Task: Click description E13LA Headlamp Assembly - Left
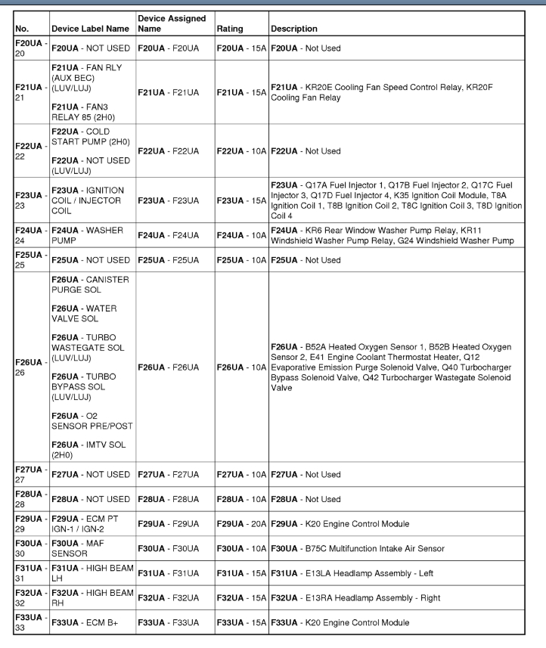click(366, 573)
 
